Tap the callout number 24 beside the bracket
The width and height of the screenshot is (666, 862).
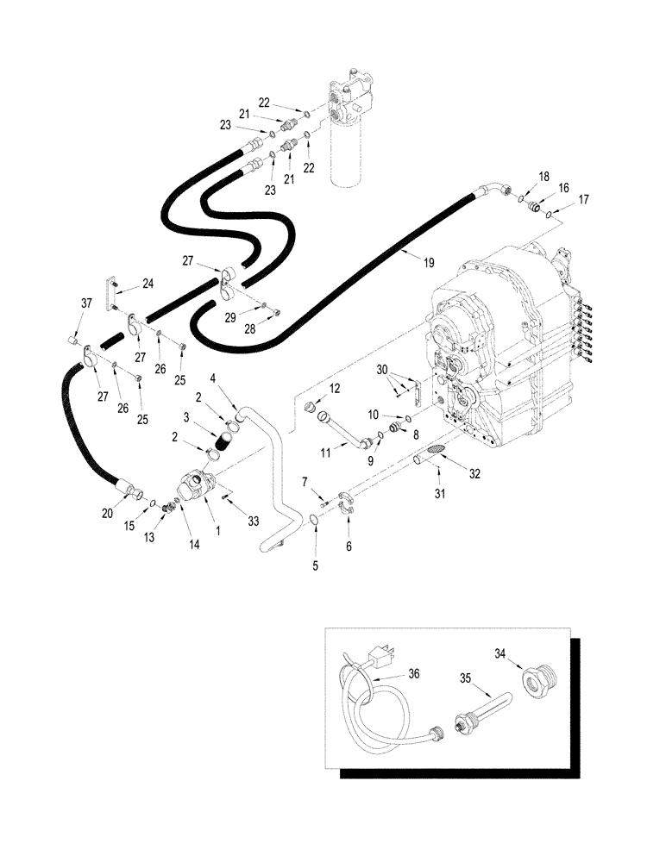tap(148, 282)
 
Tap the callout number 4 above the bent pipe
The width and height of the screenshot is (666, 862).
tap(212, 376)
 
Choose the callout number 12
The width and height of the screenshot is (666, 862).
tap(335, 389)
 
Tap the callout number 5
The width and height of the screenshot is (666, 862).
tap(315, 567)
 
